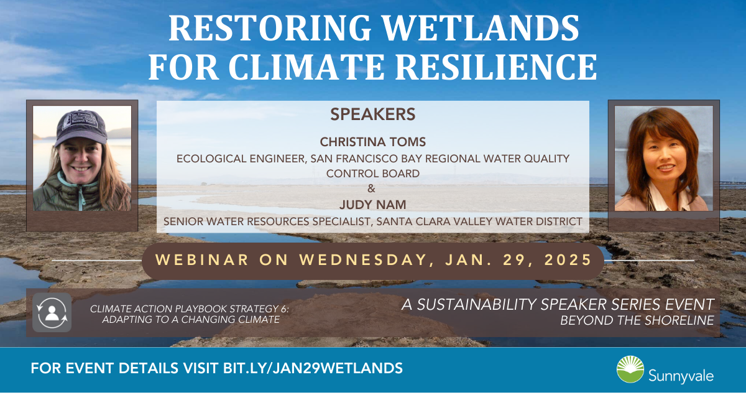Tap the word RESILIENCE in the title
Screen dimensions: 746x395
[x=496, y=67]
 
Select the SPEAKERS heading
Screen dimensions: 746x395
[x=372, y=114]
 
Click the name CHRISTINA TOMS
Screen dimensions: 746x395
[x=372, y=142]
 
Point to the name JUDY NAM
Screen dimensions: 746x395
[x=372, y=205]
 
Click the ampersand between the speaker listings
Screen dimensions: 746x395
[x=371, y=188]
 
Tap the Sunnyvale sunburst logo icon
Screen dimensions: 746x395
[x=630, y=369]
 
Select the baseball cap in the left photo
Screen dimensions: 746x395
[x=81, y=127]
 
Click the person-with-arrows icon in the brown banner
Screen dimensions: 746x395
[x=52, y=313]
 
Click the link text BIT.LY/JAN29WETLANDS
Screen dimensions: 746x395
[x=313, y=368]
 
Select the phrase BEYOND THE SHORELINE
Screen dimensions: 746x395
[x=637, y=320]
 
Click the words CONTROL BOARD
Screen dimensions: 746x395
[x=372, y=174]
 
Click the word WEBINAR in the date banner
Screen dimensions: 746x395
[x=202, y=260]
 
